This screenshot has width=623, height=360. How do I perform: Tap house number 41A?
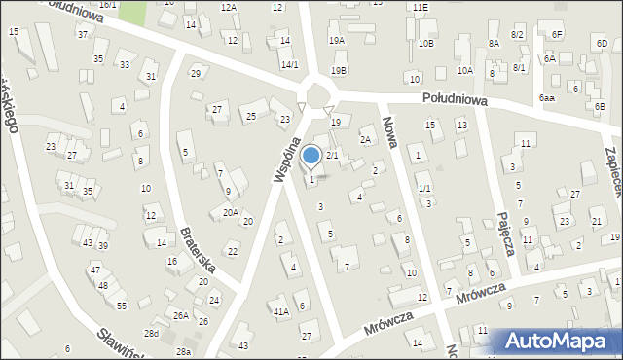coord(280,311)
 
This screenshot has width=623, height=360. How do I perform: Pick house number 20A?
coord(230,212)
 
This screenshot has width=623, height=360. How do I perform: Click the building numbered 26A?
coord(181,315)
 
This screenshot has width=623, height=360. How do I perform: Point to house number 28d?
coord(151,333)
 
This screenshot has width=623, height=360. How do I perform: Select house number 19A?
coord(337,41)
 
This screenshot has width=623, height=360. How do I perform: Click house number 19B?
coord(339,70)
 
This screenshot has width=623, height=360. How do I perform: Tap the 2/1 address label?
coord(332,156)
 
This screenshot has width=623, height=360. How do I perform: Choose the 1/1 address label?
coord(424,188)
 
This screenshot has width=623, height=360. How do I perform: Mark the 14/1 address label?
coord(289,64)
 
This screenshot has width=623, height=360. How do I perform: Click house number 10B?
coord(425,44)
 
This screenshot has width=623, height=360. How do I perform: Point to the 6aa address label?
coord(547,98)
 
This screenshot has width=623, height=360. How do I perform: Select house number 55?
coord(122,306)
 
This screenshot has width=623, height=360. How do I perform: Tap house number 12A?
coord(228,7)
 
